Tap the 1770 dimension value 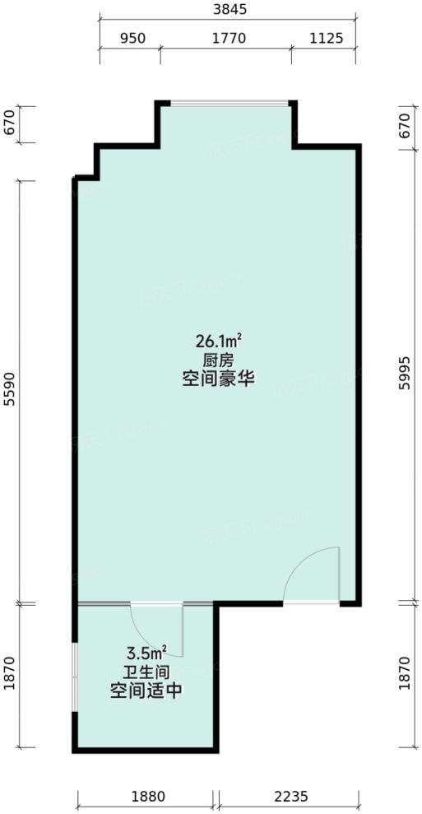click(x=226, y=38)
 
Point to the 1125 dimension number click(x=325, y=38)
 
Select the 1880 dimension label click(x=148, y=796)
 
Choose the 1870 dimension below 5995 click(x=402, y=676)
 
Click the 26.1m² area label click(x=217, y=339)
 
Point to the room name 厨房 click(x=217, y=360)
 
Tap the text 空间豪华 click(x=217, y=380)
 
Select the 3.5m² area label click(x=146, y=652)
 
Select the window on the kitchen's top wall click(x=227, y=104)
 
